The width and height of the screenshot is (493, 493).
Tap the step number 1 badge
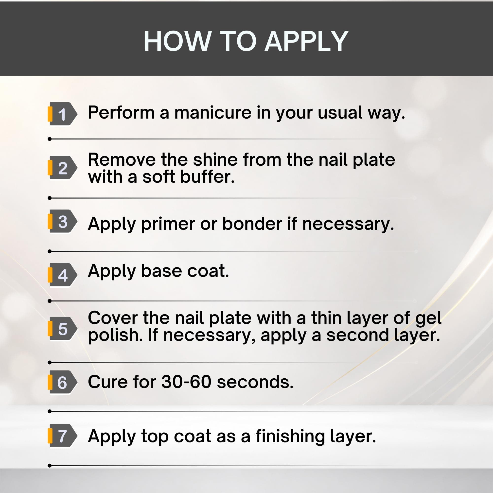62,114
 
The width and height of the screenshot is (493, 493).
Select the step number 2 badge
62,167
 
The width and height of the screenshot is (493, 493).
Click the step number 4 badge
62,275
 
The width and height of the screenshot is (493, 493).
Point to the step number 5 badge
62,328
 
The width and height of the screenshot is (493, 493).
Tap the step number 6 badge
62,382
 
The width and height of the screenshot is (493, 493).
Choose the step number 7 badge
62,436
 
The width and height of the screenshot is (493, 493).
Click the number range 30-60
186,382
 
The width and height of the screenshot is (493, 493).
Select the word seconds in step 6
255,382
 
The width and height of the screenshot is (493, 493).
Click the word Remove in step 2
122,160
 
